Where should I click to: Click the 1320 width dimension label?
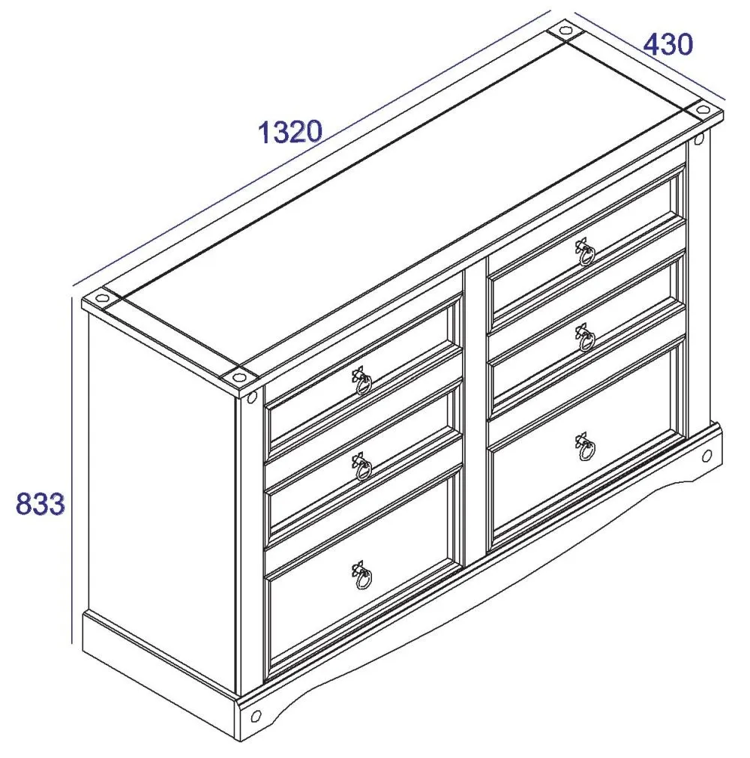tap(290, 132)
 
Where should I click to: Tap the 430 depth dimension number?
tap(667, 45)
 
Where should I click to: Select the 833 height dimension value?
tap(40, 504)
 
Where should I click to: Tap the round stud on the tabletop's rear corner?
tap(563, 32)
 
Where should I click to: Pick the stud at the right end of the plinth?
tap(706, 456)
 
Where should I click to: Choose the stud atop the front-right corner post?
tap(699, 140)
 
